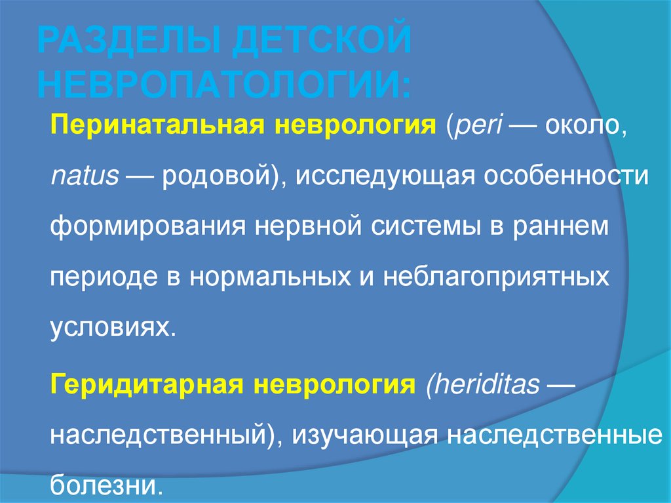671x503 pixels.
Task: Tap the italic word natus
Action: click(85, 176)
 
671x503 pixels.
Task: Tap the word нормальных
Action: click(268, 275)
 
